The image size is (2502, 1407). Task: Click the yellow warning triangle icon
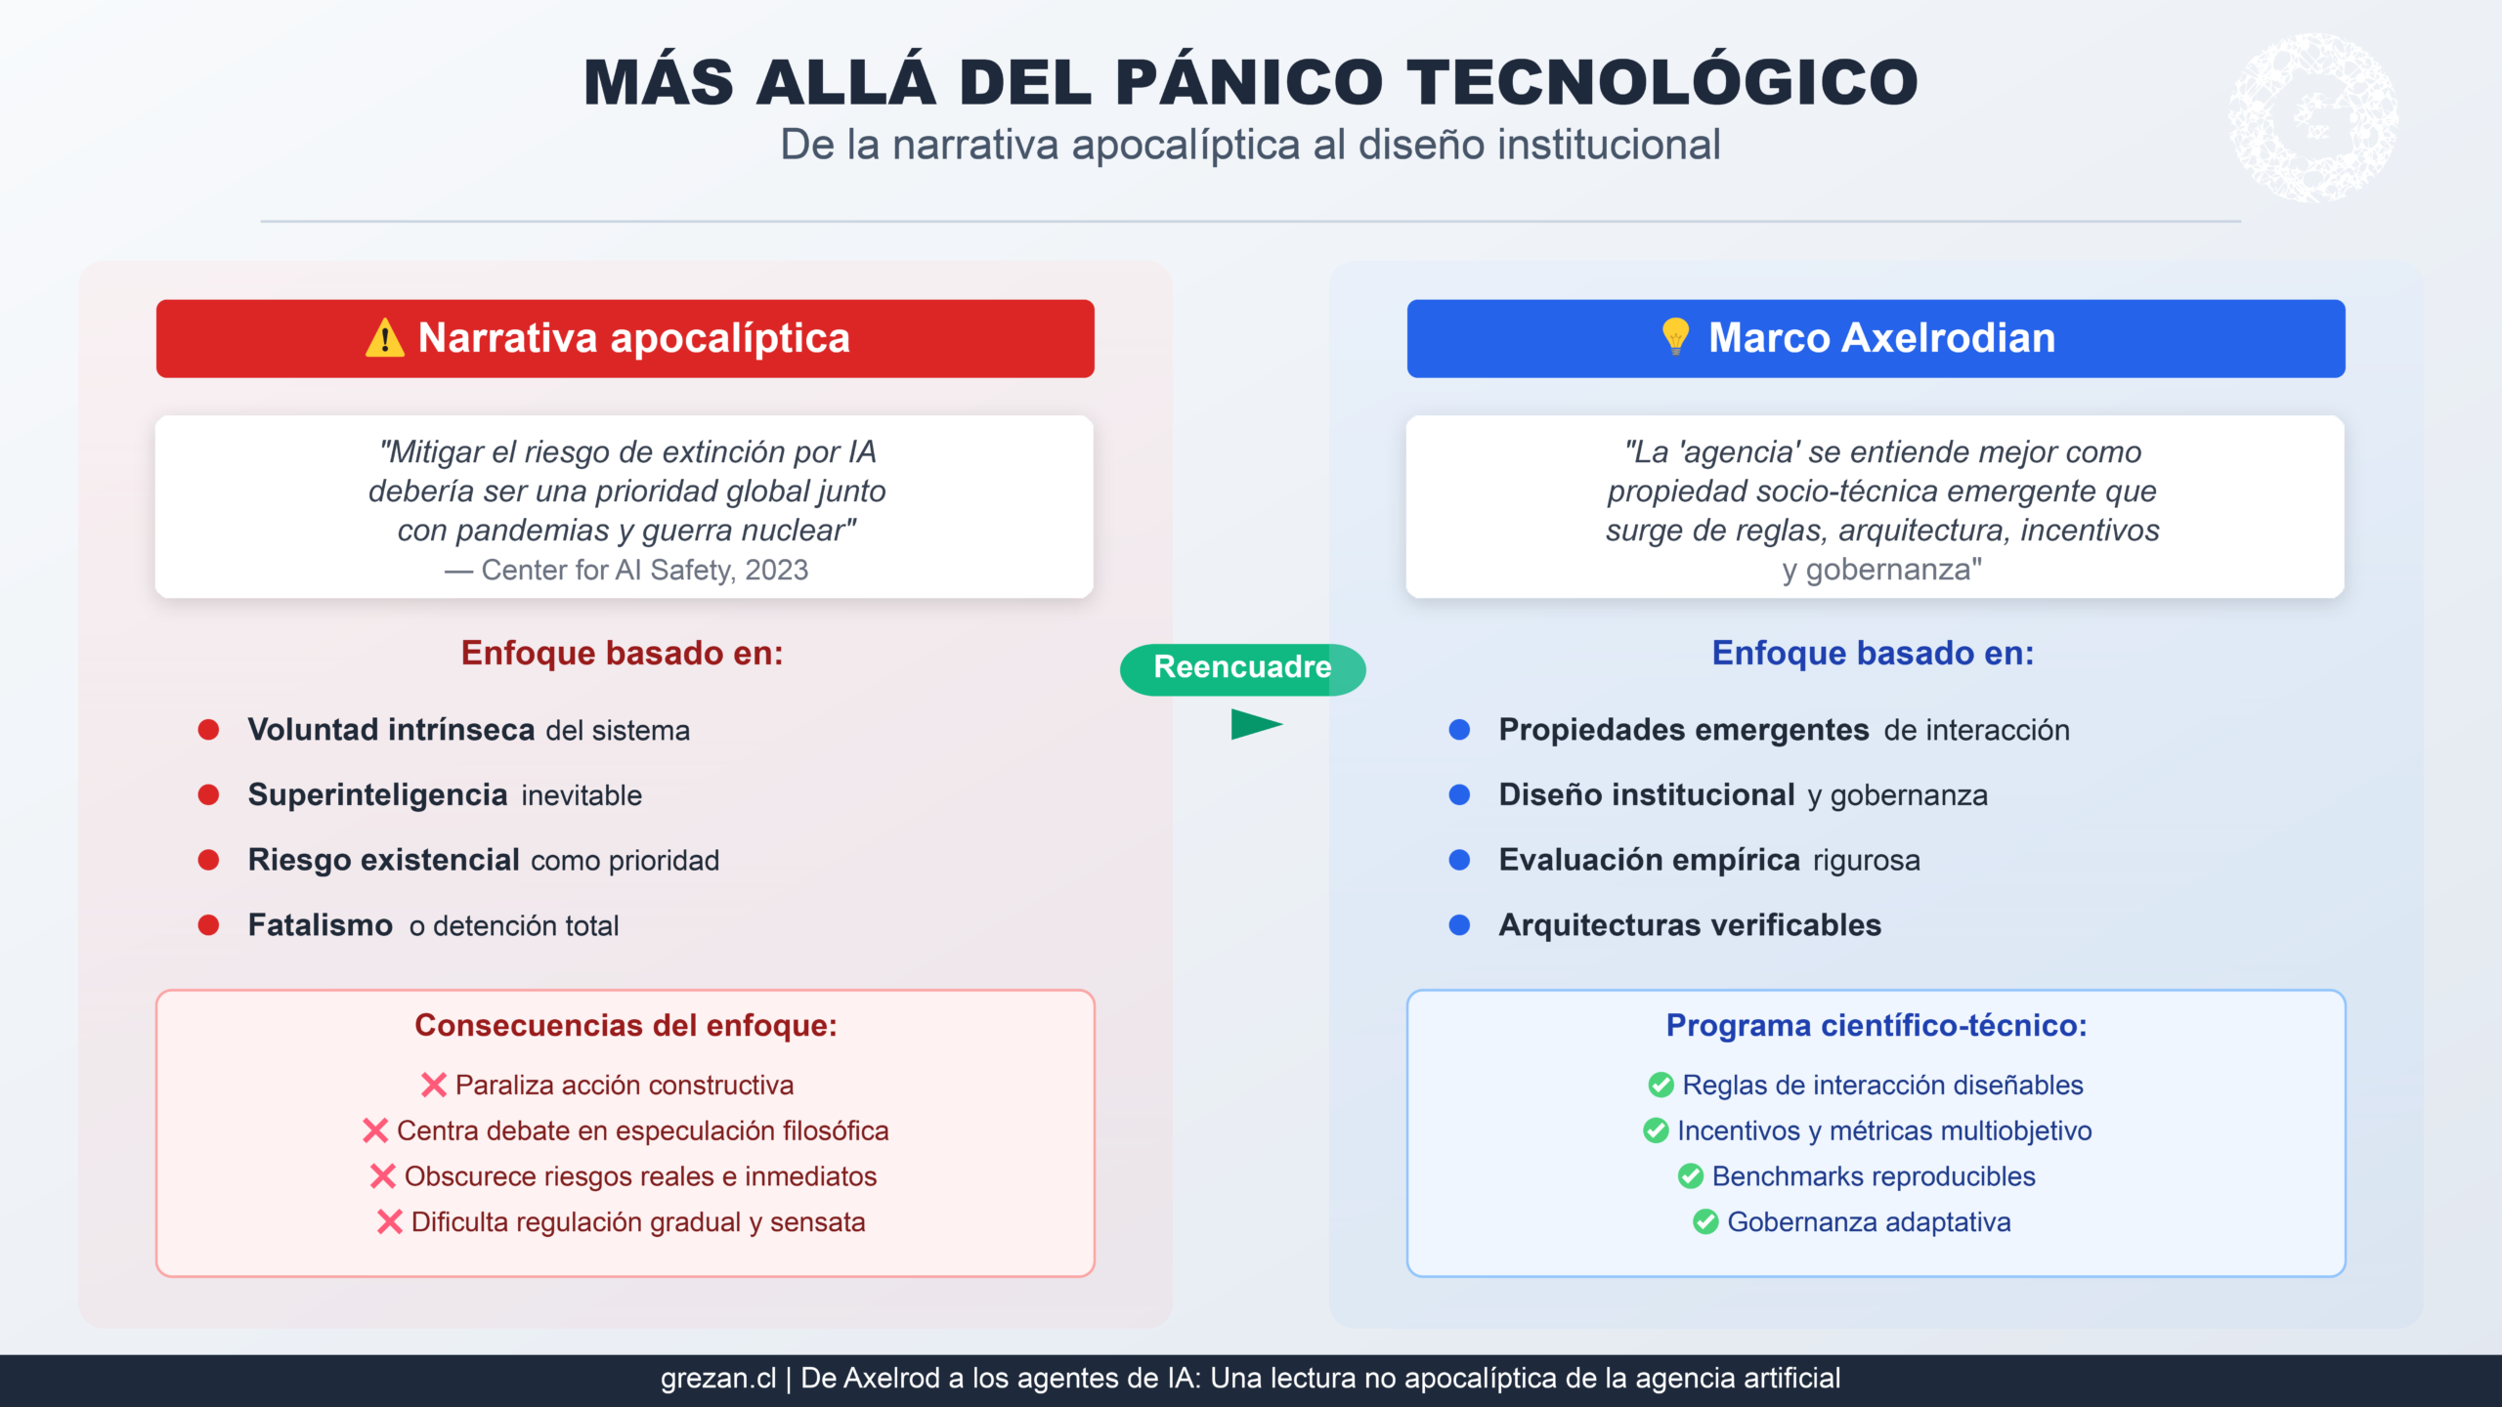pos(384,338)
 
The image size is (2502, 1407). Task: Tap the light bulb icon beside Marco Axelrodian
pos(1675,337)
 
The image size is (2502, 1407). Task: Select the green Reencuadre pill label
pos(1242,668)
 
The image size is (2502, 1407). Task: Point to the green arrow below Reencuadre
pos(1256,724)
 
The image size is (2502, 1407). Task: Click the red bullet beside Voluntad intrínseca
pos(208,730)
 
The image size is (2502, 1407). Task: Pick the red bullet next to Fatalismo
pos(208,925)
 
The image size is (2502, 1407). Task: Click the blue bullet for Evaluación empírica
pos(1459,860)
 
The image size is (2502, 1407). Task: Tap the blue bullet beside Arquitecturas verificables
pos(1459,925)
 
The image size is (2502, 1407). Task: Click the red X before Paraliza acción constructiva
pos(434,1085)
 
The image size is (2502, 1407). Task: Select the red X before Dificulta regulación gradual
pos(390,1221)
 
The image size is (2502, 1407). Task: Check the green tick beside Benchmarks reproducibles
pos(1691,1176)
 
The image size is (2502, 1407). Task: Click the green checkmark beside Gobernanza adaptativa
pos(1705,1221)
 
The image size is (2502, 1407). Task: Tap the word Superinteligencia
pos(377,795)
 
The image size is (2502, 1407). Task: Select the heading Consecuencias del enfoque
pos(625,1025)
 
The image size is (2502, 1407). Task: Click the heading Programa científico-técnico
pos(1876,1025)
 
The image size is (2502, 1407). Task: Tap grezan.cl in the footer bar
pos(718,1379)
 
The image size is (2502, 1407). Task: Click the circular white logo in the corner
pos(2312,118)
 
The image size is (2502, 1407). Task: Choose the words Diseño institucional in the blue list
pos(1647,795)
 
